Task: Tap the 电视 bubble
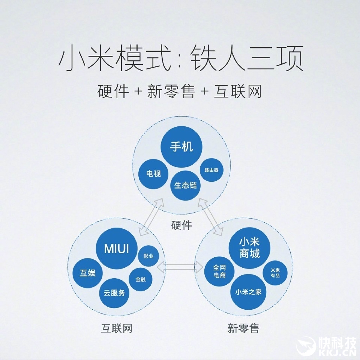coord(154,174)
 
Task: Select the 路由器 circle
coord(211,170)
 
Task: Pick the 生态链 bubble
coord(185,185)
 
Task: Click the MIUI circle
coord(116,249)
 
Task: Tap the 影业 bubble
coord(149,256)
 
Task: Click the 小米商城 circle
coord(250,247)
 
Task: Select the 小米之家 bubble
coord(248,291)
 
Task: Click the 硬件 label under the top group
coord(181,225)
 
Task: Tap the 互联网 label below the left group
coord(117,328)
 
